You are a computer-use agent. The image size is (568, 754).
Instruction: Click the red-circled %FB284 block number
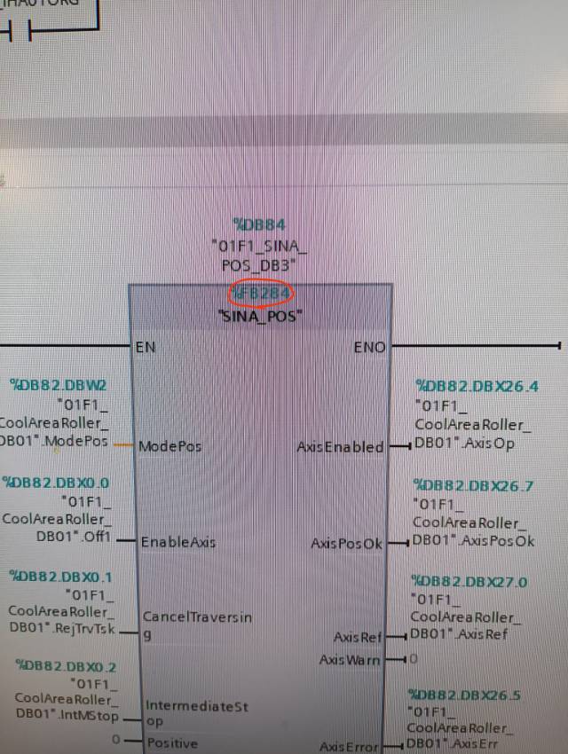[262, 293]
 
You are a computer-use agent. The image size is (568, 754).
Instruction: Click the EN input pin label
[146, 347]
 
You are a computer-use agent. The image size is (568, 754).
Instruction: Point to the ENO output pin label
[370, 348]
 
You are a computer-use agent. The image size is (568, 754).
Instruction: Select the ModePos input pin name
[170, 446]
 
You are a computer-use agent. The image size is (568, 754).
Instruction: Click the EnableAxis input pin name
[178, 541]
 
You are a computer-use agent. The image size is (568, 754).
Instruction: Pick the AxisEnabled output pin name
[341, 447]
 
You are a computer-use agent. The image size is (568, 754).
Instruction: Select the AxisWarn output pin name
[350, 660]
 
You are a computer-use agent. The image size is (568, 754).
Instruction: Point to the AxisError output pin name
[350, 747]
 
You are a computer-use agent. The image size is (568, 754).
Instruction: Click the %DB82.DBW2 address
[59, 385]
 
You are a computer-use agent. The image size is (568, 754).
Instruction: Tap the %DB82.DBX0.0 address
[56, 483]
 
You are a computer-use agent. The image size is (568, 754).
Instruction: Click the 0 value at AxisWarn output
[414, 660]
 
